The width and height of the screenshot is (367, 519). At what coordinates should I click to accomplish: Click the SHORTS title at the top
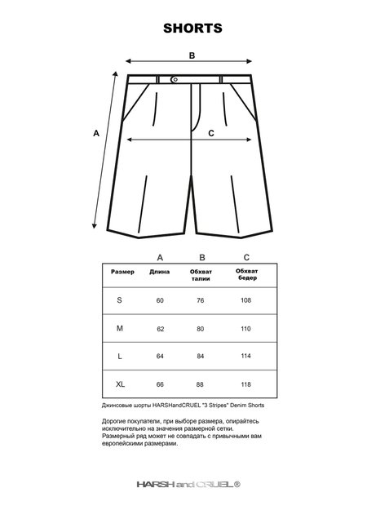[x=192, y=28]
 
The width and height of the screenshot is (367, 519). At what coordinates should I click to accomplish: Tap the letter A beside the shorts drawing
[x=96, y=133]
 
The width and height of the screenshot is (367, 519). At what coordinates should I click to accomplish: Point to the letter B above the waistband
[x=192, y=56]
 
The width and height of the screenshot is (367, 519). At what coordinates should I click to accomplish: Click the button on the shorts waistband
[x=175, y=79]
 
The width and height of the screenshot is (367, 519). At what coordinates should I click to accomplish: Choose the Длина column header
[x=160, y=272]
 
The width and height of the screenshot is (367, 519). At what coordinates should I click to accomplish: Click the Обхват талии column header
[x=201, y=275]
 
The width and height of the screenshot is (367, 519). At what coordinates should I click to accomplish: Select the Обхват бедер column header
[x=246, y=274]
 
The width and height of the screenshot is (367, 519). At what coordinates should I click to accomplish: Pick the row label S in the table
[x=120, y=301]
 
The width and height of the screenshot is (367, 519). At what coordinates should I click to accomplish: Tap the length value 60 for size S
[x=160, y=301]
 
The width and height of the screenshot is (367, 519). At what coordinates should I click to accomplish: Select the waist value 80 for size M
[x=200, y=328]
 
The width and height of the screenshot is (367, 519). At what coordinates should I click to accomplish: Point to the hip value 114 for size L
[x=245, y=356]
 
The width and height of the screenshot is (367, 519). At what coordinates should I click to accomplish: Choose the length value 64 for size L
[x=160, y=356]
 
